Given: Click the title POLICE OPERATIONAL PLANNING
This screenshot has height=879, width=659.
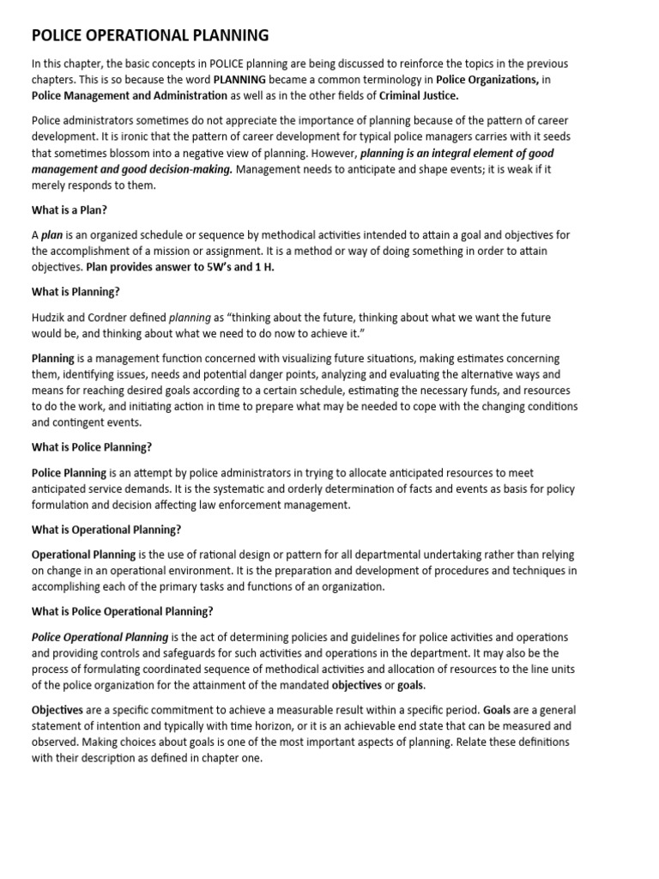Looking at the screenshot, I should (150, 35).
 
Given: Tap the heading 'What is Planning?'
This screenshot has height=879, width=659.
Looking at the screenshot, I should (76, 292).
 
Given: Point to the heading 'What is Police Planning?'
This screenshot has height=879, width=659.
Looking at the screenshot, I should (92, 447).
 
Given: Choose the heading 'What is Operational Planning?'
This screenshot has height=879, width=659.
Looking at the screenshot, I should (106, 529).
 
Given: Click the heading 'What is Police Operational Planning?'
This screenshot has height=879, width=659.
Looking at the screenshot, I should (123, 611).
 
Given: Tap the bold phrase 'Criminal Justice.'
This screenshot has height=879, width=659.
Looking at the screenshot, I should (419, 95).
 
